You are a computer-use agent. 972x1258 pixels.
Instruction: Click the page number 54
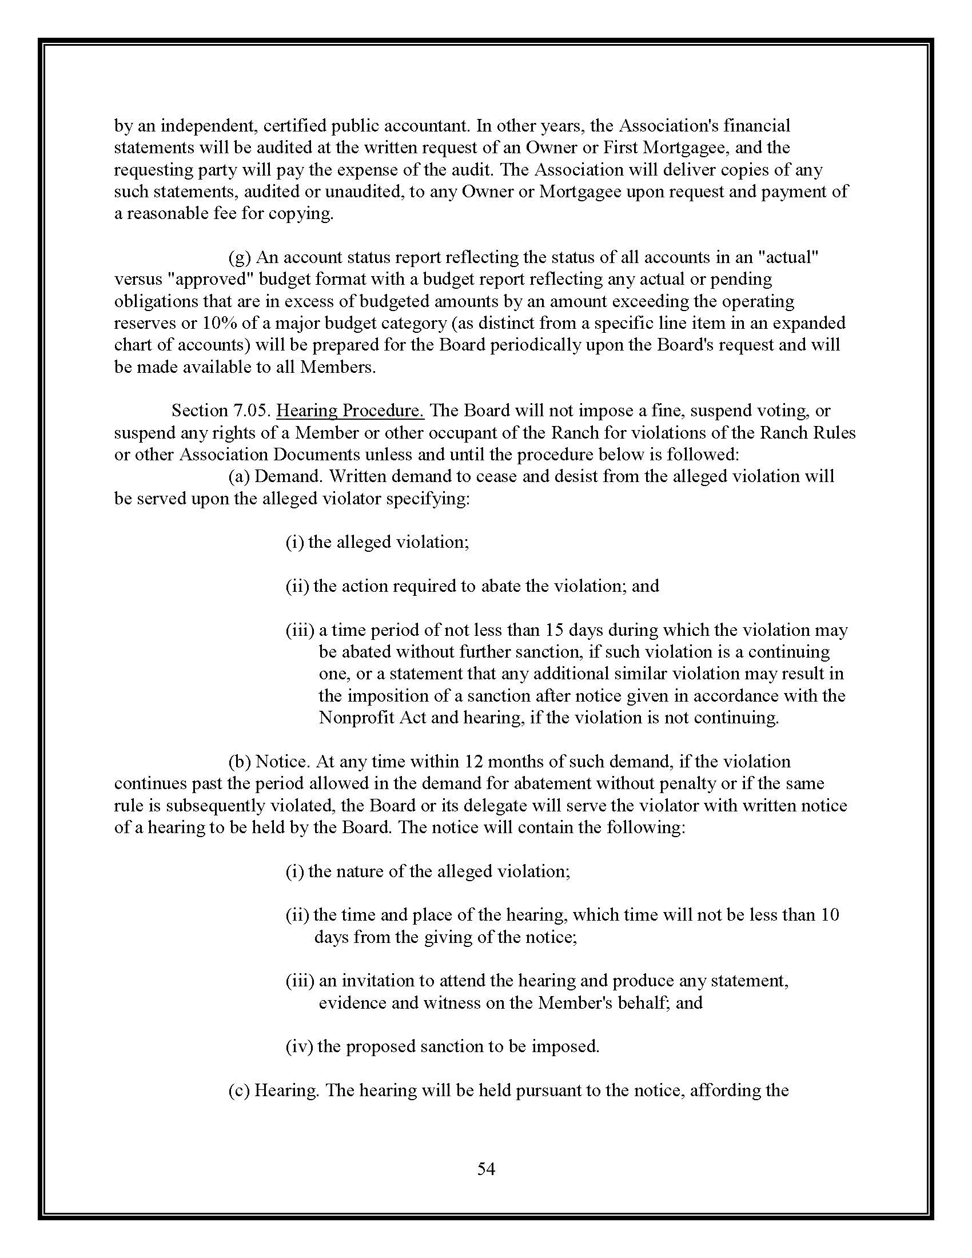[486, 1168]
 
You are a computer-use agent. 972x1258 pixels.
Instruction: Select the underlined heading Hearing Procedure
[350, 411]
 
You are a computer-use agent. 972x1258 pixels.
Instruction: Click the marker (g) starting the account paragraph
[240, 257]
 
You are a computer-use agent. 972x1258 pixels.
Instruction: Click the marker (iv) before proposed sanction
[299, 1046]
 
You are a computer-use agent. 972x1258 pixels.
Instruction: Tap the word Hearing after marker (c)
[286, 1090]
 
